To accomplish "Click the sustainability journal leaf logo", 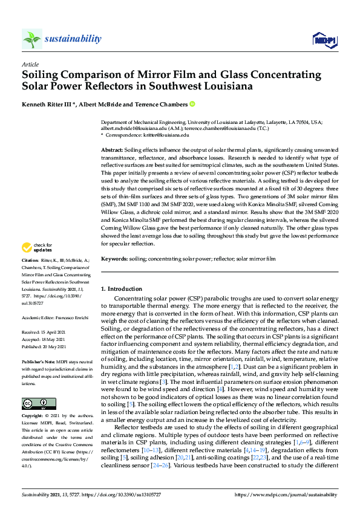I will pos(32,39).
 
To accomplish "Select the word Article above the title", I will pos(30,64).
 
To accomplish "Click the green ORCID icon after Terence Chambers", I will pos(192,104).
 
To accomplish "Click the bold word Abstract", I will pos(112,149).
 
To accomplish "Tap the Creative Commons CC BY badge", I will pos(34,404).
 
